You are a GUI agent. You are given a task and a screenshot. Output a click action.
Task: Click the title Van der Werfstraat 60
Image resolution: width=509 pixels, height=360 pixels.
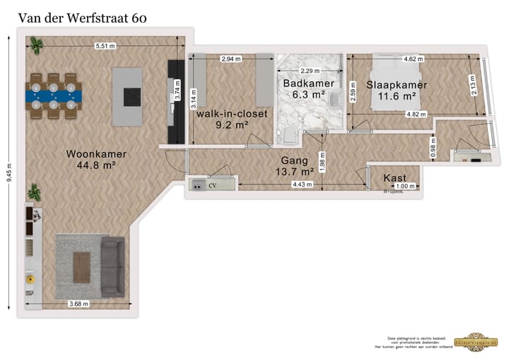click(x=82, y=18)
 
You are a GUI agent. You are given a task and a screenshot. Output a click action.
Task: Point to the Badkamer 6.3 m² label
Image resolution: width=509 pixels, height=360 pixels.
click(x=303, y=88)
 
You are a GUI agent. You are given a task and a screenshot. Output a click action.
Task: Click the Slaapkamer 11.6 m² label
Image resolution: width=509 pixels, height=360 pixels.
click(x=390, y=90)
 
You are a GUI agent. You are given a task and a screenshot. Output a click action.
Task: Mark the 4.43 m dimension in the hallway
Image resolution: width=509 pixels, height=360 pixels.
click(x=302, y=185)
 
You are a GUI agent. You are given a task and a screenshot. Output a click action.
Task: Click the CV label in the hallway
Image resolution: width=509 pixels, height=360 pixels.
click(x=211, y=185)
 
